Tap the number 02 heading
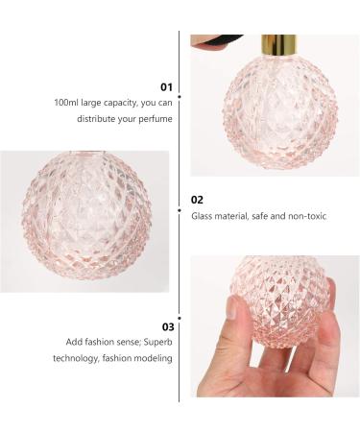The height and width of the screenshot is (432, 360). (198, 200)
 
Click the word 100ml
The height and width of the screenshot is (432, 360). (67, 102)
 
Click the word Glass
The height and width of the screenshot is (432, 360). (202, 216)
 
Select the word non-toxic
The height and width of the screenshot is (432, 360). (306, 216)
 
